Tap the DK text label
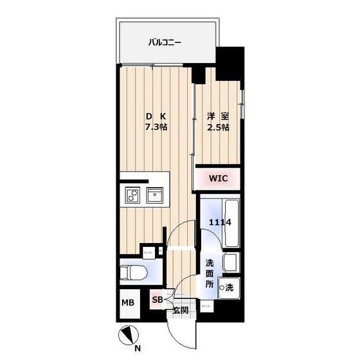tap(156, 116)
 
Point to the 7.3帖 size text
tap(156, 127)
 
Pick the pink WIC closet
tap(217, 177)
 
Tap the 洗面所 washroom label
tap(210, 273)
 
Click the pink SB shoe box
tap(157, 298)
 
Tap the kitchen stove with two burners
tap(132, 195)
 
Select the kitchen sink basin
tap(156, 195)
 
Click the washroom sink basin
tap(231, 262)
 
